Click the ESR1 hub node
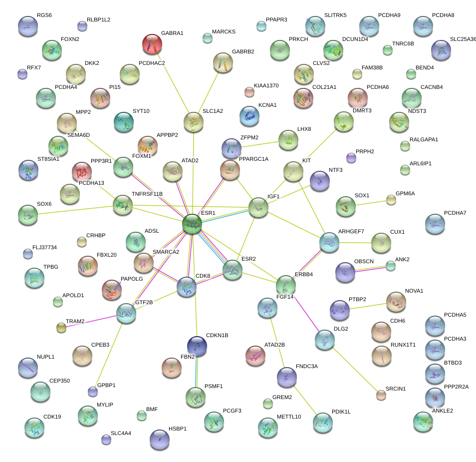pyautogui.click(x=192, y=224)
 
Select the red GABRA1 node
pyautogui.click(x=152, y=44)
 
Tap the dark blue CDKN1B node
pyautogui.click(x=197, y=346)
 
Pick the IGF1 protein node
pyautogui.click(x=258, y=207)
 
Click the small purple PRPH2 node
pyautogui.click(x=351, y=158)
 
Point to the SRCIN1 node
pyautogui.click(x=381, y=395)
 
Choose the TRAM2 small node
pyautogui.click(x=61, y=328)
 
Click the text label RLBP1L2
pyautogui.click(x=98, y=20)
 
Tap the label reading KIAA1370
pyautogui.click(x=266, y=86)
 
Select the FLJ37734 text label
pyautogui.click(x=44, y=247)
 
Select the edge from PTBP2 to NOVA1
pyautogui.click(x=368, y=305)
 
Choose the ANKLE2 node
pyautogui.click(x=423, y=421)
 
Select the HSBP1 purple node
pyautogui.click(x=160, y=439)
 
